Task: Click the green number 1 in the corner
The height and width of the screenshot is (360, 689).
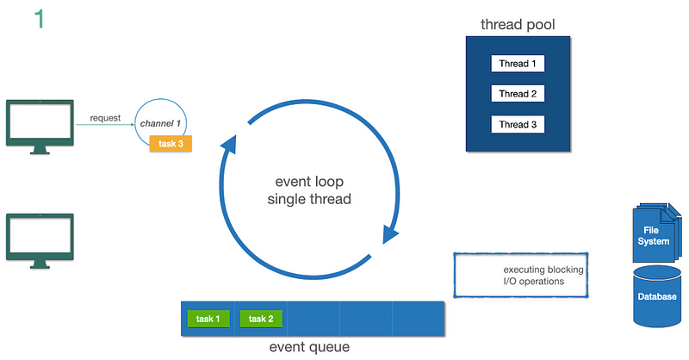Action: pos(39,19)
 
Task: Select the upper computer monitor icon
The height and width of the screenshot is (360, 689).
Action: pos(40,126)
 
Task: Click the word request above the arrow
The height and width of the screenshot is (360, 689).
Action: pos(105,118)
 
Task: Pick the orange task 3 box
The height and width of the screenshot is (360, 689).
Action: pos(171,144)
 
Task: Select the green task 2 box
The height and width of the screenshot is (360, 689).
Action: pos(260,319)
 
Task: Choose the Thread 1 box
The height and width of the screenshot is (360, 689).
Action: pos(518,64)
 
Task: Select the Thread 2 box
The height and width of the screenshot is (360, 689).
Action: pos(518,94)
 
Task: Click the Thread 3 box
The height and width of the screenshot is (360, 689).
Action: pos(518,124)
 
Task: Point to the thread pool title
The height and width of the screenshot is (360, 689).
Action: pos(518,24)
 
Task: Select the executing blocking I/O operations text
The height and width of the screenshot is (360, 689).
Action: pos(543,275)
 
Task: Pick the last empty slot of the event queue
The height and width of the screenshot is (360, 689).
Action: pos(418,319)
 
